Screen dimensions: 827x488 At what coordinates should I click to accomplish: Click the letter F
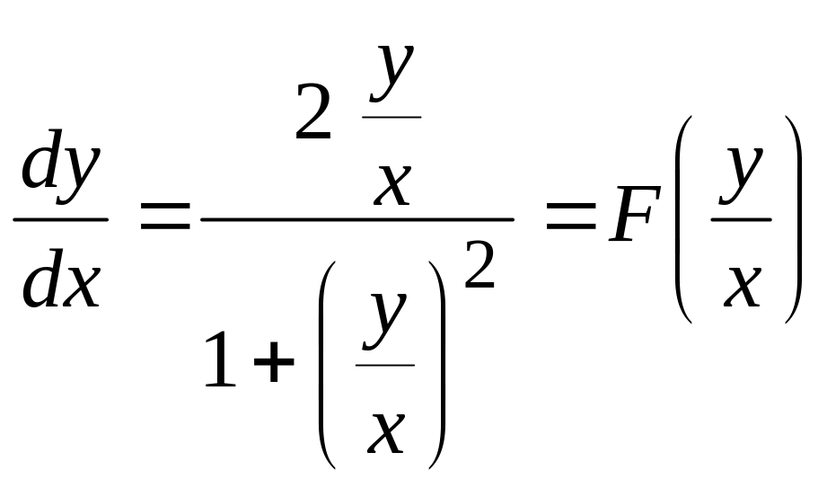635,215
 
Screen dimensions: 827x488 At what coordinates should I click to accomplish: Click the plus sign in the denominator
274,361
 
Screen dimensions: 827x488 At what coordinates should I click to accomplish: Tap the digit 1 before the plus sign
220,359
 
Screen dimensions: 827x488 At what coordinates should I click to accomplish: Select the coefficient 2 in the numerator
313,111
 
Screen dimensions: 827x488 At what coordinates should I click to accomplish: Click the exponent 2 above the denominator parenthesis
479,264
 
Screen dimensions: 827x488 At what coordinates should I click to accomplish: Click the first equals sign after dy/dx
165,216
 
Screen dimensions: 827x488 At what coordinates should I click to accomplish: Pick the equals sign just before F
571,216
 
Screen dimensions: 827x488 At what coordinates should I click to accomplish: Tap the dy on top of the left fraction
61,165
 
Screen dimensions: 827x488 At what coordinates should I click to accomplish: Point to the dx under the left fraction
61,278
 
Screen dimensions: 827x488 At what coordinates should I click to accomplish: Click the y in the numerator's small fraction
392,73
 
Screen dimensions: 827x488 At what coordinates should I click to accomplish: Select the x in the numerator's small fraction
392,185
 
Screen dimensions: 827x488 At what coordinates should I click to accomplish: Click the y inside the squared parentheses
384,321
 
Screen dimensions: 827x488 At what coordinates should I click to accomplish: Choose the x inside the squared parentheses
386,433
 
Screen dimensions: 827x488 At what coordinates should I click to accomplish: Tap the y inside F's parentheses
740,174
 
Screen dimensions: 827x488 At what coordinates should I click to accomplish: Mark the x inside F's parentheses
742,287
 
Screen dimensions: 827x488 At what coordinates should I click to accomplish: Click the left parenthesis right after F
683,219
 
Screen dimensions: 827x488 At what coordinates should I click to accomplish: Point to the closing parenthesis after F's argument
794,219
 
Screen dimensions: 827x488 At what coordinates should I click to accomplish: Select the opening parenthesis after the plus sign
327,365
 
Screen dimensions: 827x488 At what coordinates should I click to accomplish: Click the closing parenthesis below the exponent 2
437,365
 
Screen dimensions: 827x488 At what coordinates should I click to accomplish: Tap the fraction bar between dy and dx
61,219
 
